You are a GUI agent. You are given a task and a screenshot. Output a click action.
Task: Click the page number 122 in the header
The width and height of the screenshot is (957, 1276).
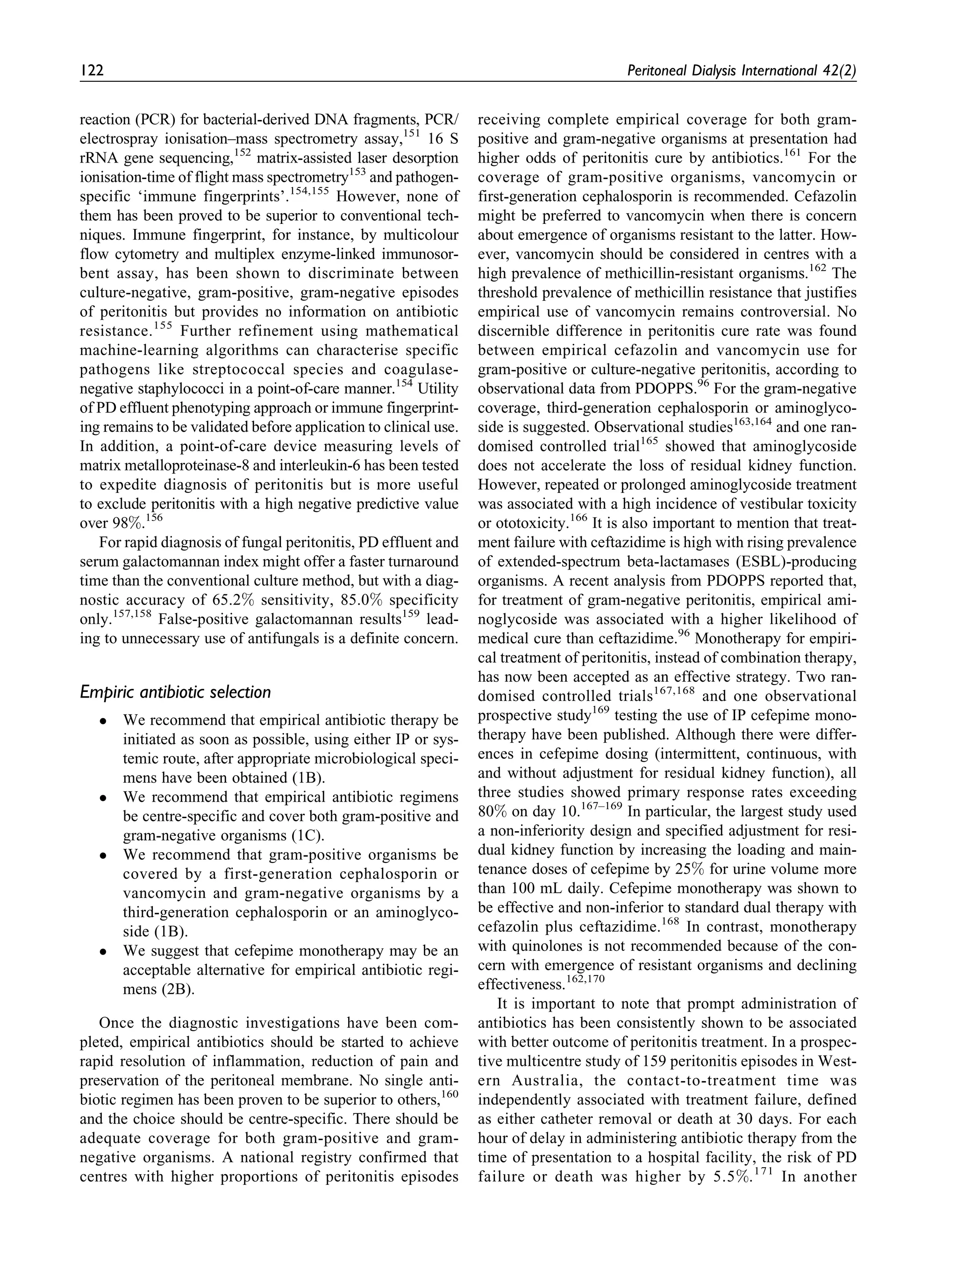point(92,71)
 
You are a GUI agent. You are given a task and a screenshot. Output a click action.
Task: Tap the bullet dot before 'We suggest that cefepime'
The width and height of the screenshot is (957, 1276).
point(102,952)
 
